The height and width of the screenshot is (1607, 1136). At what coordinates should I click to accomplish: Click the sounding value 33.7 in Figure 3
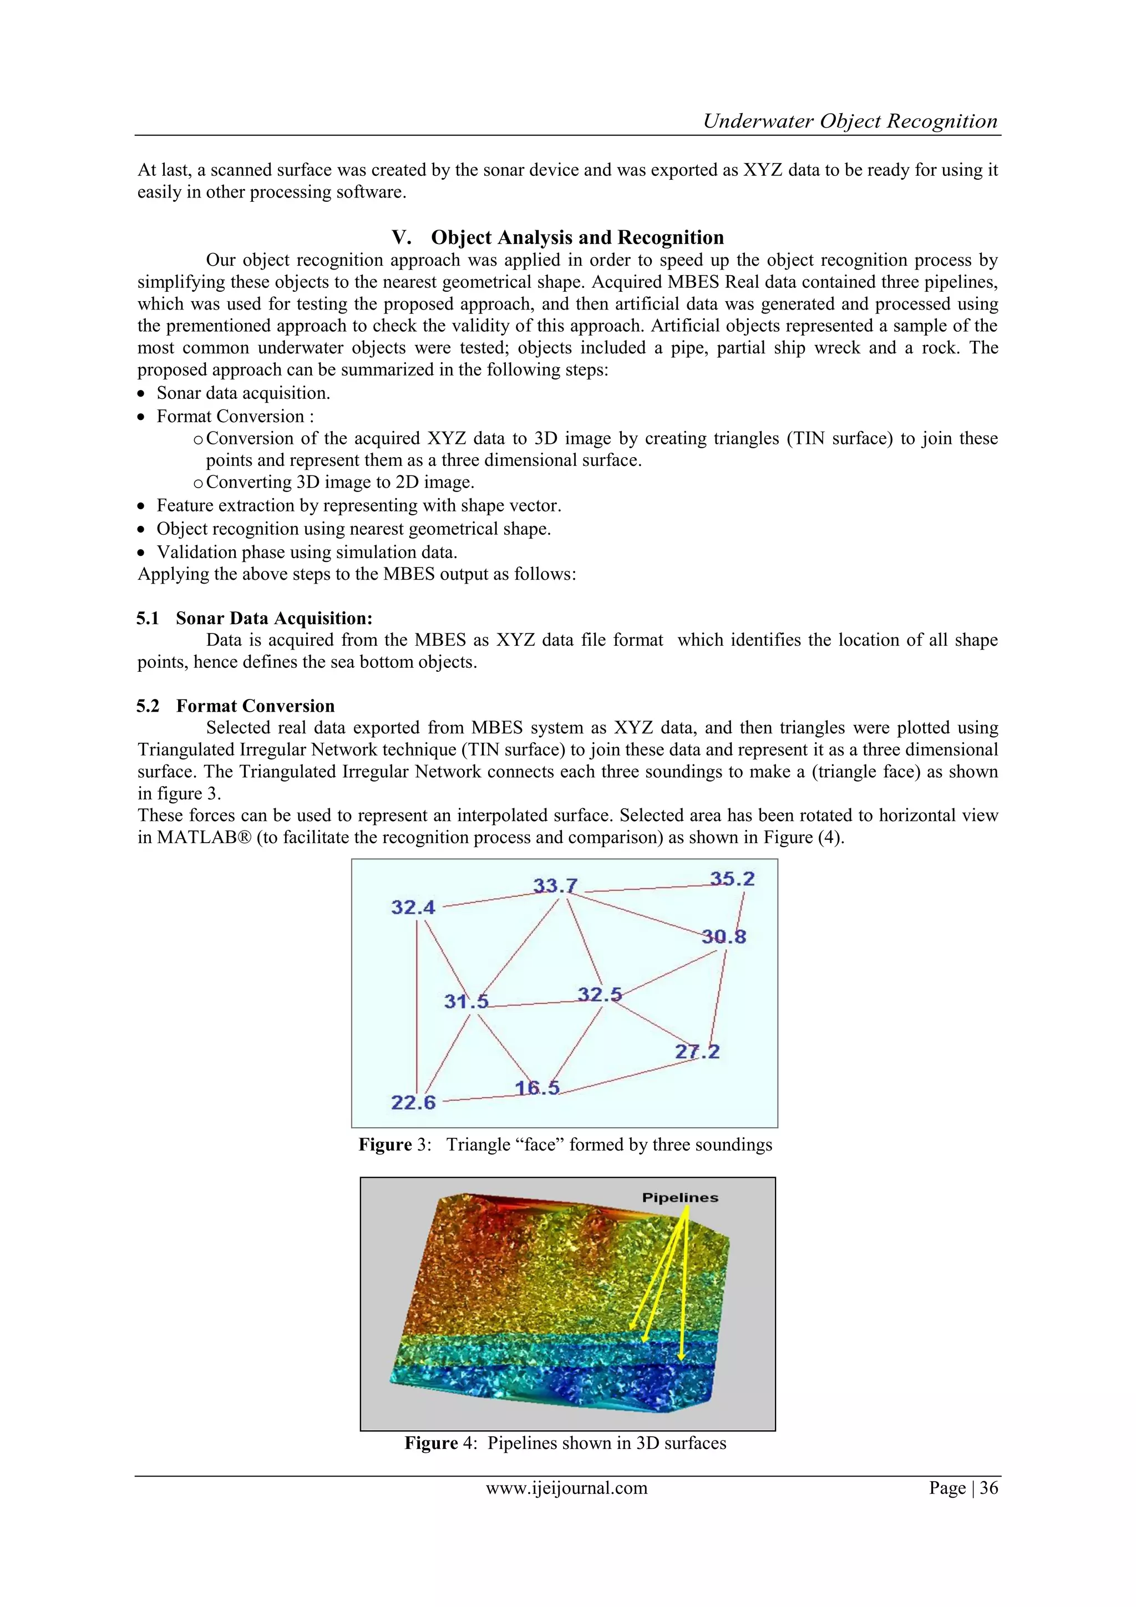pos(555,885)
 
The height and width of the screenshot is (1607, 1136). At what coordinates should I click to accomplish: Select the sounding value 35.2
pos(732,879)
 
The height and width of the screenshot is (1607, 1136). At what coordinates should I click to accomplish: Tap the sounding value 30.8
pos(724,936)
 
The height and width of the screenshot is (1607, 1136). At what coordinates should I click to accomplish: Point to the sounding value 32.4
pos(413,908)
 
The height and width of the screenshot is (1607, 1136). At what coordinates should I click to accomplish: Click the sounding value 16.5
pos(537,1088)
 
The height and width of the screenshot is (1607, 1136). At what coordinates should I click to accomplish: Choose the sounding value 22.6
pos(413,1102)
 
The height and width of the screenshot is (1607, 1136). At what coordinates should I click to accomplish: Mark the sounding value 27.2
pos(697,1051)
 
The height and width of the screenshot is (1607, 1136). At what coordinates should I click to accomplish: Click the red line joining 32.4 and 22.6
pos(417,1008)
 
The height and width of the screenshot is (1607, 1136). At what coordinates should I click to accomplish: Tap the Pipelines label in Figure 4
pos(679,1198)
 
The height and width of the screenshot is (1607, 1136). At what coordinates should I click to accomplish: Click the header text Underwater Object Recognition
pos(850,121)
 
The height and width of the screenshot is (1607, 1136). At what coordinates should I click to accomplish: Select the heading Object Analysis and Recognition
pos(577,237)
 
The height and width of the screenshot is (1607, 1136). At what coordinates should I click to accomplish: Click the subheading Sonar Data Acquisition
pos(273,618)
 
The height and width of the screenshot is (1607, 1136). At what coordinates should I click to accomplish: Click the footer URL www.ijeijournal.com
pos(567,1487)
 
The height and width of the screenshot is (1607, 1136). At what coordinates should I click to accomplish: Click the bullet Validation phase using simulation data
pos(307,552)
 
